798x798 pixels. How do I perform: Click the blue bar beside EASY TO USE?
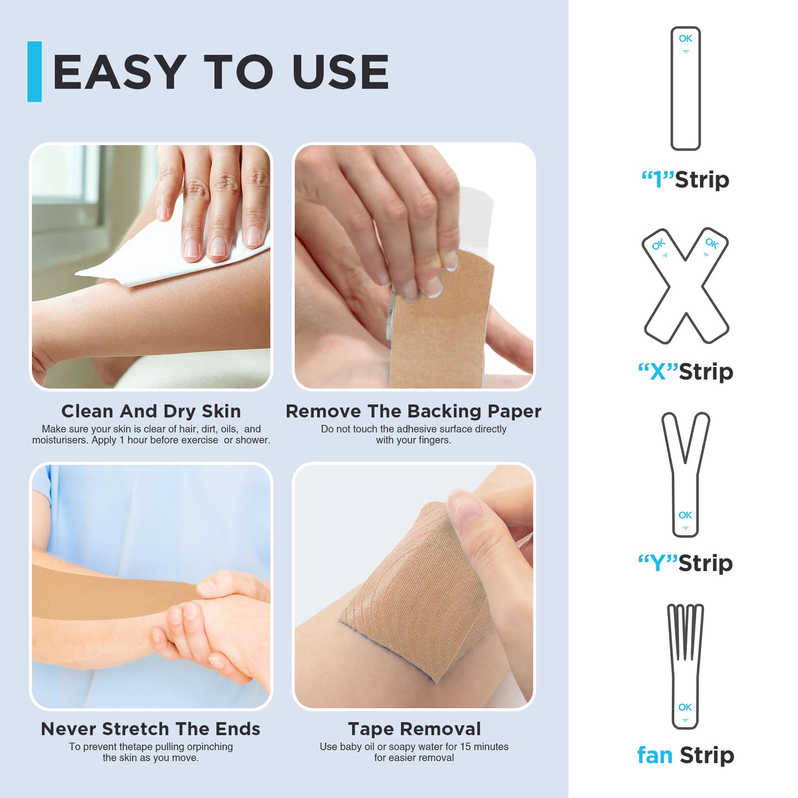tap(34, 71)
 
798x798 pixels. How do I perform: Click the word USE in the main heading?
tap(341, 72)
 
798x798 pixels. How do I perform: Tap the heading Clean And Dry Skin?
tap(151, 411)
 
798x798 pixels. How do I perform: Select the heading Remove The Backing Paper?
tap(413, 411)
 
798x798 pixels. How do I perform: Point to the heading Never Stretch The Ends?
tap(151, 729)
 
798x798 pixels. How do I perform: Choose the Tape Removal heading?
tap(414, 729)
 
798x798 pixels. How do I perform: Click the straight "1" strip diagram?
tap(686, 89)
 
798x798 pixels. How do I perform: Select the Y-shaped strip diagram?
tap(686, 475)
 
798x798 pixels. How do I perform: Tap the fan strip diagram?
tap(685, 667)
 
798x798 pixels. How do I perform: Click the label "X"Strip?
tap(686, 372)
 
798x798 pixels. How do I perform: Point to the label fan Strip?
tap(686, 755)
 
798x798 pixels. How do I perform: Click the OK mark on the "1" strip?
tap(686, 38)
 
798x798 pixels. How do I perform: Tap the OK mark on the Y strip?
tap(685, 515)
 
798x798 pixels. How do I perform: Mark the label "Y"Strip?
tap(686, 563)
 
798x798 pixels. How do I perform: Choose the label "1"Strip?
tap(686, 180)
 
